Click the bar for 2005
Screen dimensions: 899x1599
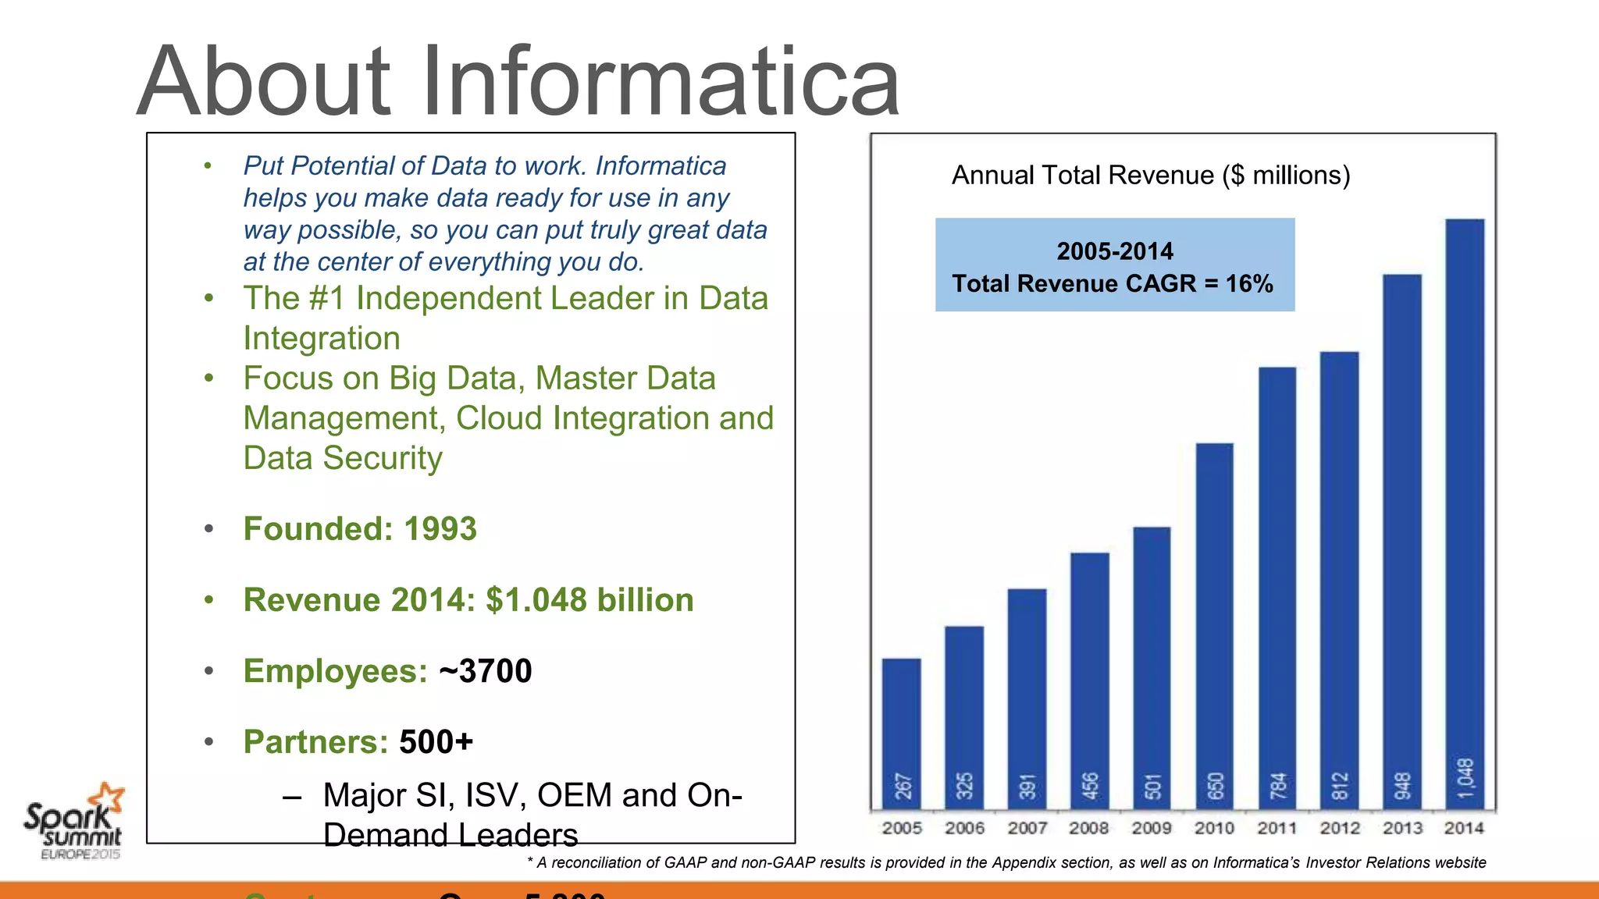click(x=902, y=734)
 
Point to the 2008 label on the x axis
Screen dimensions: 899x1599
click(x=1089, y=828)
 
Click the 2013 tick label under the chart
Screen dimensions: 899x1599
click(x=1402, y=828)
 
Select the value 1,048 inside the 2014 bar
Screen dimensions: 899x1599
click(x=1465, y=778)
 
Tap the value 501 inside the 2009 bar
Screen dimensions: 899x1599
click(x=1152, y=786)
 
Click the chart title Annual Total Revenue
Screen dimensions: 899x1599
click(x=1150, y=176)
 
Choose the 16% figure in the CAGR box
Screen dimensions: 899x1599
click(x=1249, y=283)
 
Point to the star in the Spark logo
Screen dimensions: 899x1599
click(x=107, y=798)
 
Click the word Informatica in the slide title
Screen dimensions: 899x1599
click(x=661, y=81)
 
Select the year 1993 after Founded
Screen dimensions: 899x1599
click(x=440, y=529)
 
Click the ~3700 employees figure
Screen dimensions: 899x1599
click(x=486, y=671)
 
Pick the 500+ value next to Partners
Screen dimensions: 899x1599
click(x=436, y=742)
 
